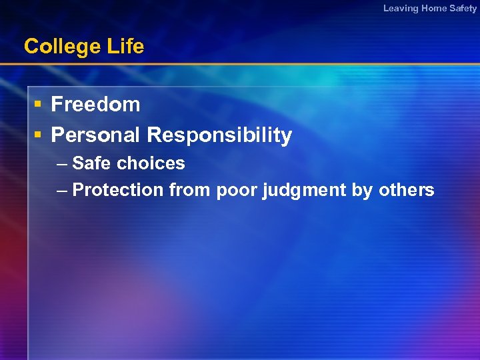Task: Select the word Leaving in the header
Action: pyautogui.click(x=401, y=8)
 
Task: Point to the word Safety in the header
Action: pyautogui.click(x=464, y=8)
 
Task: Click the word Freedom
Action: pyautogui.click(x=95, y=105)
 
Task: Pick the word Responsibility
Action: pyautogui.click(x=219, y=135)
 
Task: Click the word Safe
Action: pyautogui.click(x=93, y=163)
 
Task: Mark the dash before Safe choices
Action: pyautogui.click(x=62, y=164)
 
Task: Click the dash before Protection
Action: pyautogui.click(x=62, y=191)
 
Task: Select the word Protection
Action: pyautogui.click(x=118, y=190)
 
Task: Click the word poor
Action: pyautogui.click(x=236, y=191)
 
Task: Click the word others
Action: pyautogui.click(x=406, y=190)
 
